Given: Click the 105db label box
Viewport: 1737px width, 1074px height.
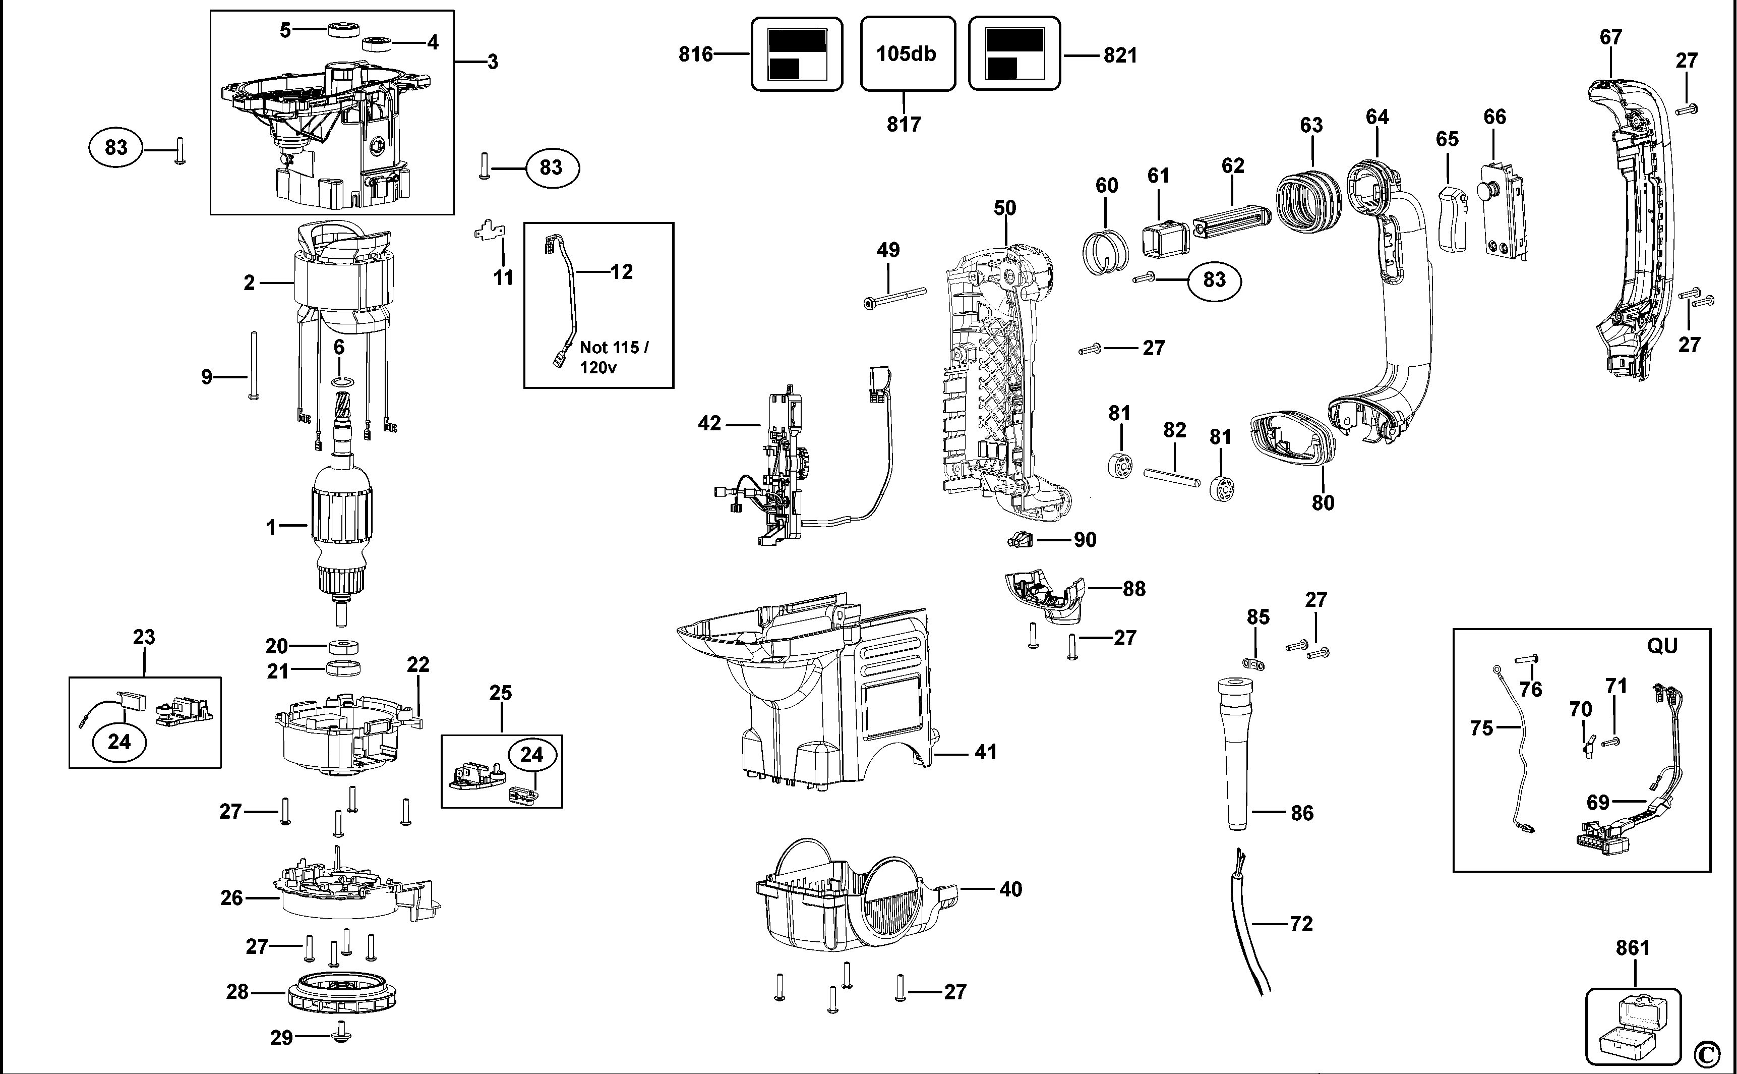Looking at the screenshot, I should pos(907,54).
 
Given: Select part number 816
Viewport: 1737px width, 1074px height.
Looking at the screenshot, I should pos(695,54).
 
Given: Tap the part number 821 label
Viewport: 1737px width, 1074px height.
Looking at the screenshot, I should pos(1120,55).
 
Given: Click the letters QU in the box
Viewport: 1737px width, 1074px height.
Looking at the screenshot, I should pos(1662,646).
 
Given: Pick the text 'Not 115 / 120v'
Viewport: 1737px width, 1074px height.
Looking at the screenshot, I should pos(614,357).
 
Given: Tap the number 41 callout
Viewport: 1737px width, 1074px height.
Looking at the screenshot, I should pos(985,752).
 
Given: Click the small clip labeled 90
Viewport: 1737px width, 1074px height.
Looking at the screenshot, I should pos(1020,540).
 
